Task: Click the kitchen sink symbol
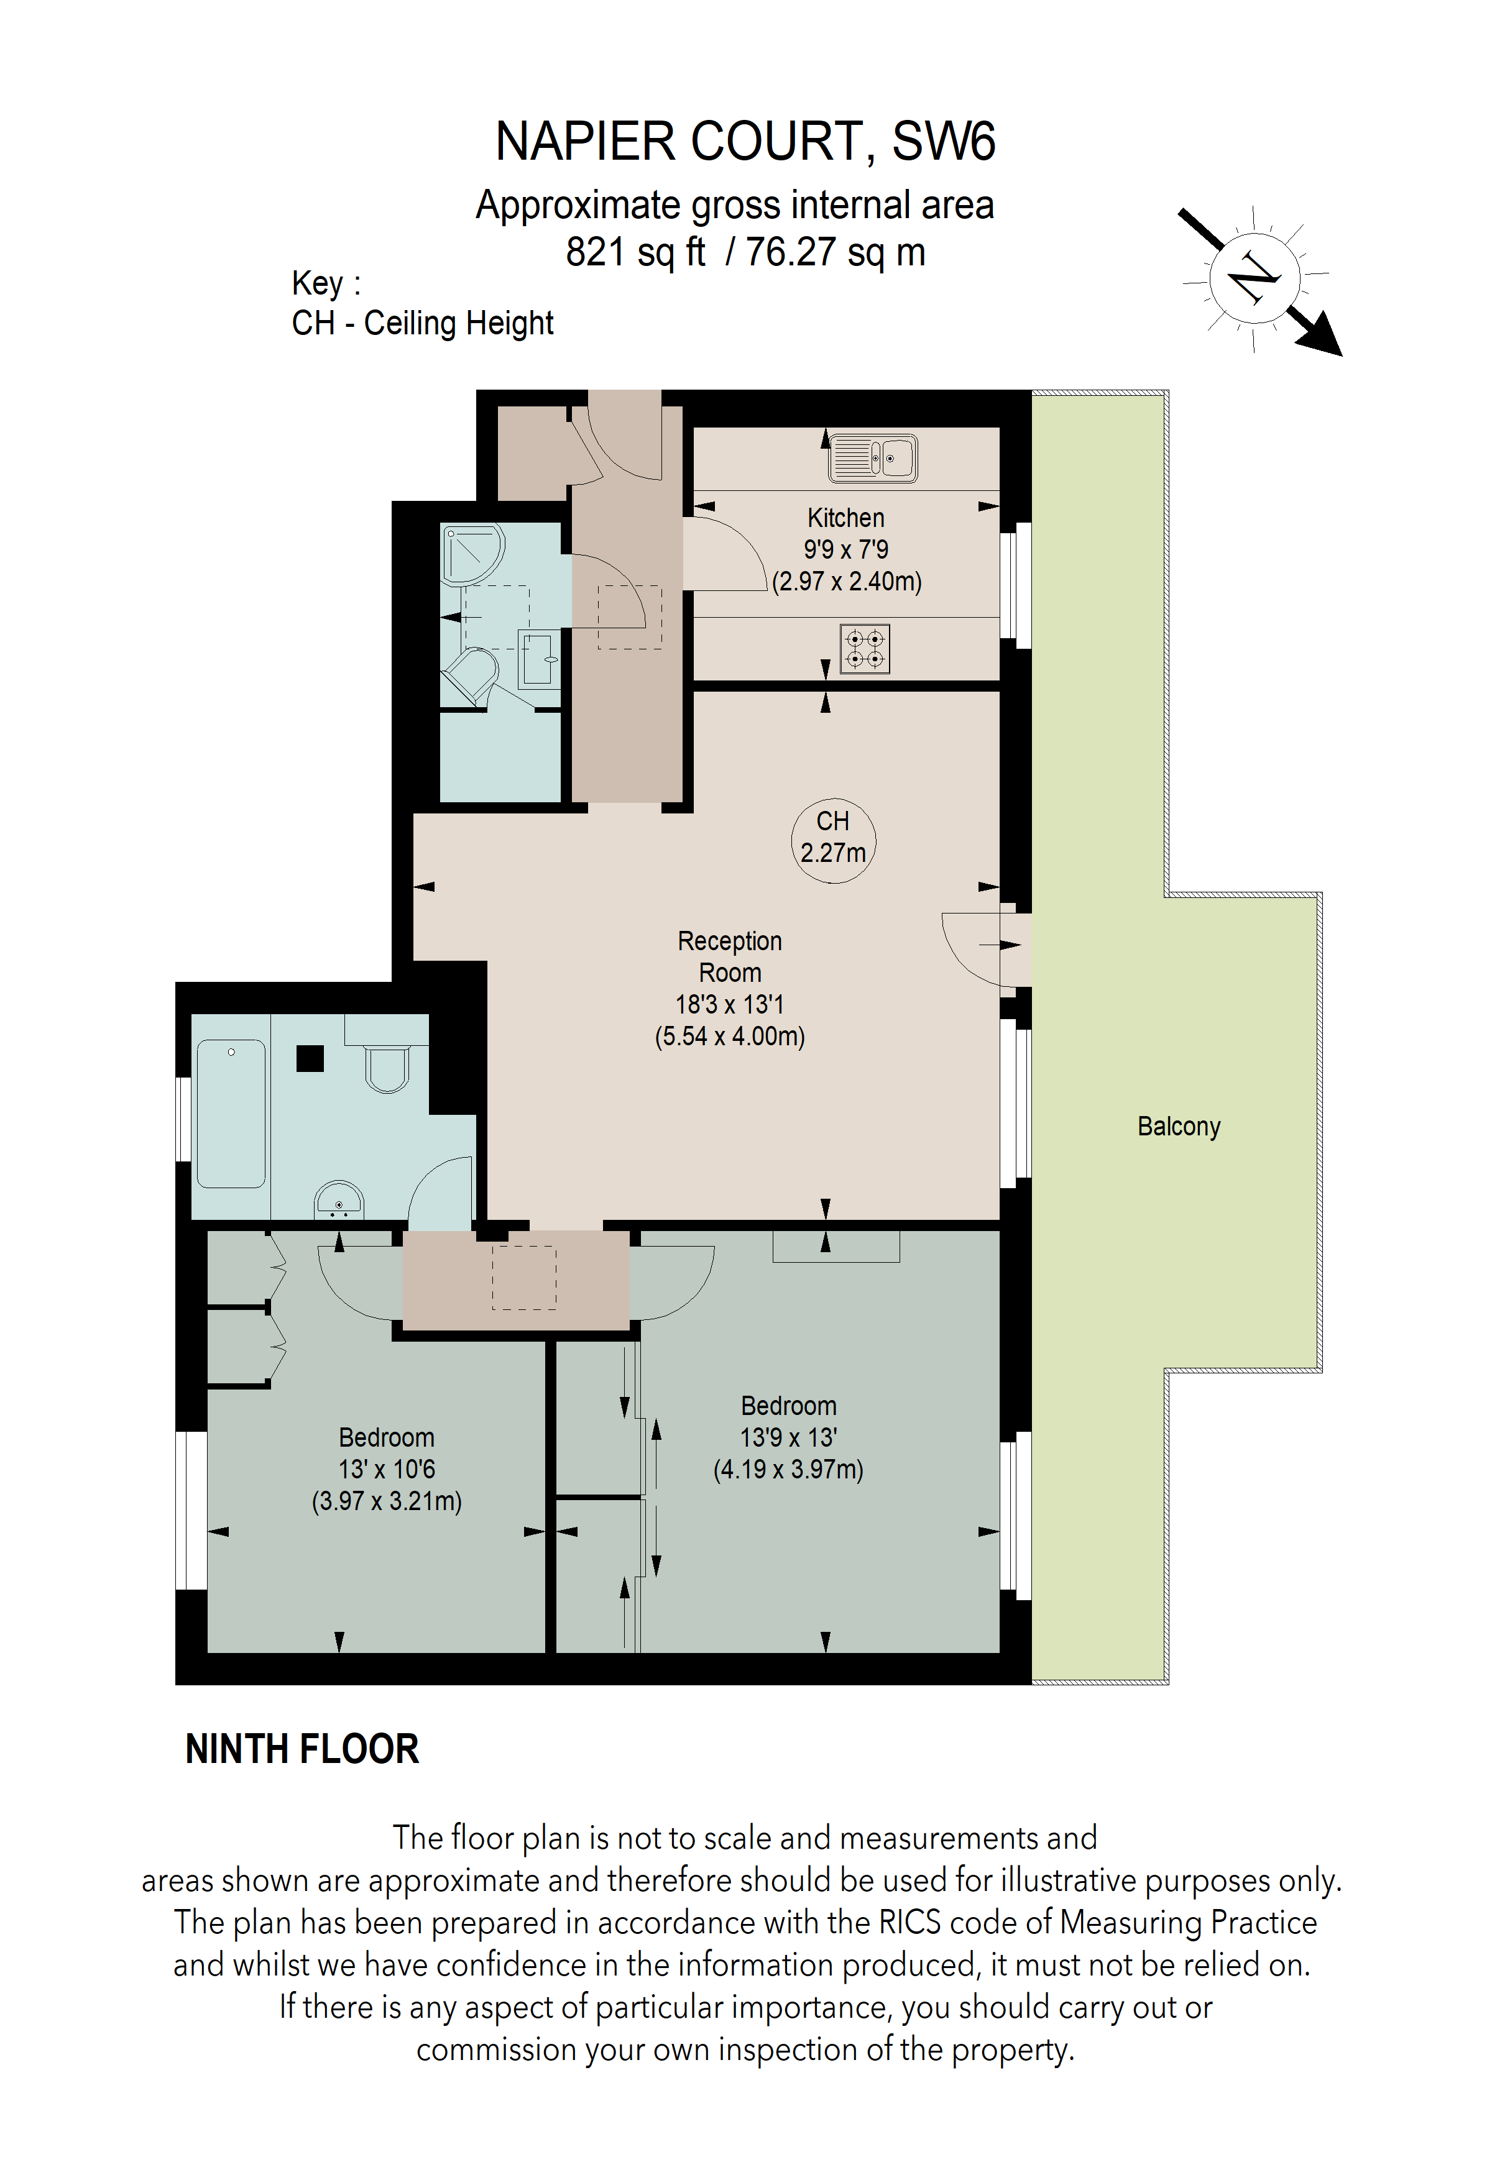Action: [x=872, y=459]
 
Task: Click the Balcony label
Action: [x=1179, y=1126]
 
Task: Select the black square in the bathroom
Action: [x=310, y=1058]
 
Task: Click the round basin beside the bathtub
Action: [x=338, y=1201]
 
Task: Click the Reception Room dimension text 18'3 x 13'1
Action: [x=729, y=1004]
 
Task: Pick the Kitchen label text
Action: [x=845, y=518]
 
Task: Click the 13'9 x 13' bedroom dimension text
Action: [x=788, y=1437]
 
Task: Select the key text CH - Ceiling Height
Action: [x=422, y=323]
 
